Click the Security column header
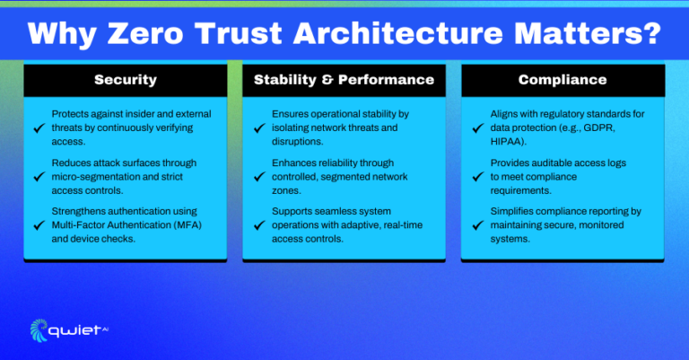tap(126, 80)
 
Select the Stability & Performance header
tap(344, 80)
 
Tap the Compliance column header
tap(562, 80)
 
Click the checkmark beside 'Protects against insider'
tap(38, 128)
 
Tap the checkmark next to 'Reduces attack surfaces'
tap(38, 177)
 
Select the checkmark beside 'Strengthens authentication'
tap(38, 225)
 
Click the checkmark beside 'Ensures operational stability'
tap(257, 128)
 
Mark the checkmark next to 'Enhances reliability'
tap(257, 177)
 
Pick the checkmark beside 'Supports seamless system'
tap(257, 225)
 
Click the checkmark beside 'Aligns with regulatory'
tap(476, 128)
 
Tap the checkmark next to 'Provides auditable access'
tap(476, 177)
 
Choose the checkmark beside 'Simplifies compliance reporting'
tap(476, 225)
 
